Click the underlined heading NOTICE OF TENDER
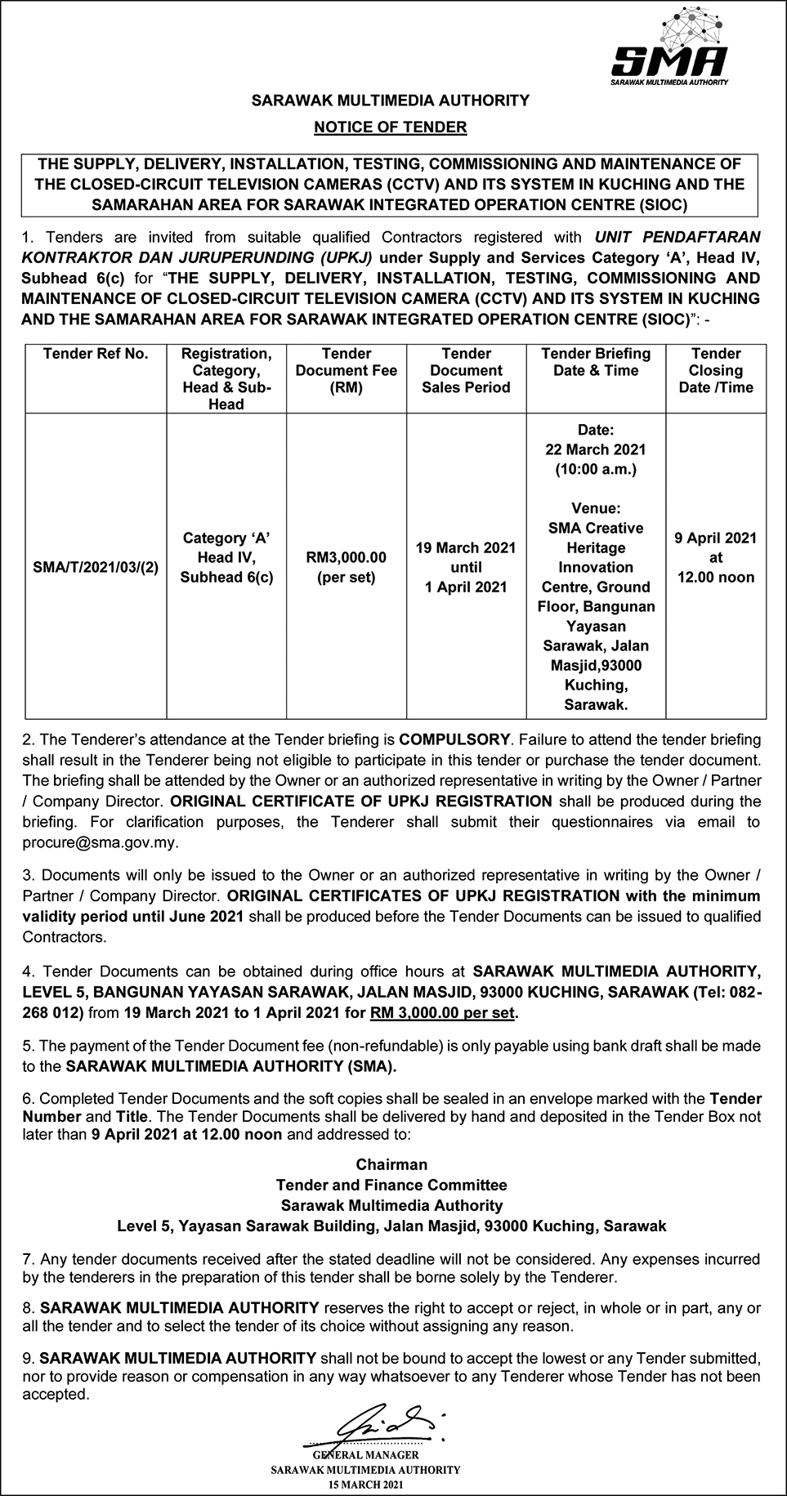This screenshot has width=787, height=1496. pos(391,127)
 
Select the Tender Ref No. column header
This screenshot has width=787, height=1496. pos(96,354)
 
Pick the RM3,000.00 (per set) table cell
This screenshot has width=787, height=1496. pos(347,567)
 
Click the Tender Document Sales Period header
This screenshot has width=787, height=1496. pos(466,370)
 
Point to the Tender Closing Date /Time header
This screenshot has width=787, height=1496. pos(716,370)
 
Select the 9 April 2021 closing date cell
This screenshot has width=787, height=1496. pos(716,557)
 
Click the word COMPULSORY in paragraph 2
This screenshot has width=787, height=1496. pos(454,740)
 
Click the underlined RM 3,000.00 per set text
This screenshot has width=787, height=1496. pos(444,1013)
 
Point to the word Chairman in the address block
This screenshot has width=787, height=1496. pos(391,1164)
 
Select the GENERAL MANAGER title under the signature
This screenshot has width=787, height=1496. pos(365,1454)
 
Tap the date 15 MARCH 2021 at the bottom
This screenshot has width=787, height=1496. pos(365,1483)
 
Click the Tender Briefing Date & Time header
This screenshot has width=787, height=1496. pos(596,362)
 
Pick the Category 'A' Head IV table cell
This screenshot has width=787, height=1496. pos(226,557)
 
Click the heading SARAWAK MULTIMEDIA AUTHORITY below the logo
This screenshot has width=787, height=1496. pos(391,100)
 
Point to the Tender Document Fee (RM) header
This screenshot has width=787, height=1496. pos(347,370)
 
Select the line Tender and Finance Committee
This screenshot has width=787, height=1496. pos(391,1185)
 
